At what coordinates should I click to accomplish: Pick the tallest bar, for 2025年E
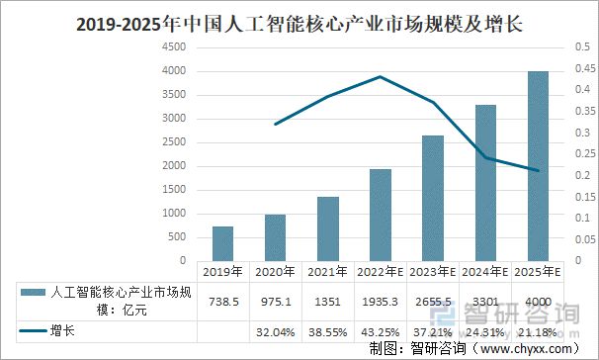tap(538, 165)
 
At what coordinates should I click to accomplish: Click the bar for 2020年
tap(276, 237)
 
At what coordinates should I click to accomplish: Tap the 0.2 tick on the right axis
tap(579, 175)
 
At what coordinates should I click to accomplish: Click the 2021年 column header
tap(328, 270)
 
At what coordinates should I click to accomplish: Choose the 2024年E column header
tap(485, 270)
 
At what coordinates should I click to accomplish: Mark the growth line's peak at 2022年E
tap(381, 76)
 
